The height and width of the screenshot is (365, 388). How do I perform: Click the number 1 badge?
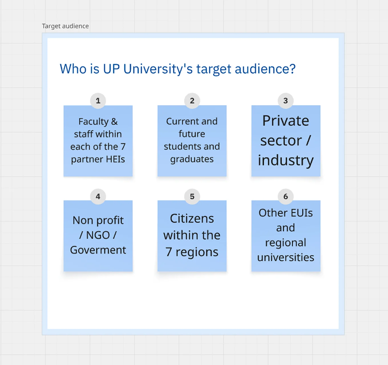tap(98, 101)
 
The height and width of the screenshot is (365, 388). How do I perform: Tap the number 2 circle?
tap(192, 101)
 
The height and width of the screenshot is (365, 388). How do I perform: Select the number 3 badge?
tap(286, 101)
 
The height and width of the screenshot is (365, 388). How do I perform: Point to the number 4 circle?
tap(98, 196)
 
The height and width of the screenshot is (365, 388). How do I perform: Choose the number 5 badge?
tap(192, 196)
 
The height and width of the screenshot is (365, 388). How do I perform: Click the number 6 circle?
tap(286, 196)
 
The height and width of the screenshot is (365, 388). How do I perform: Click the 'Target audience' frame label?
tap(65, 26)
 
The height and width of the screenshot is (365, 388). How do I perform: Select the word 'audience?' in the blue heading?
tap(265, 69)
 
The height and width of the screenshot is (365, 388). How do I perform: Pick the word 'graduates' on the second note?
tap(192, 159)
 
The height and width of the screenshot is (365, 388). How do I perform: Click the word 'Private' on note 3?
tap(286, 121)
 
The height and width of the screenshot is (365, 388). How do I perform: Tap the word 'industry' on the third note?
tap(286, 160)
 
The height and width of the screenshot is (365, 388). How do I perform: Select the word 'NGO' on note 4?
tap(98, 235)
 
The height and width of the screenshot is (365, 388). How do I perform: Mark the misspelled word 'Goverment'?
tap(98, 250)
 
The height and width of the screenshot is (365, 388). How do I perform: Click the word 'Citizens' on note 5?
tap(192, 219)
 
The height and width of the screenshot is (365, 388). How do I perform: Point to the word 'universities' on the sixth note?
tap(286, 257)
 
